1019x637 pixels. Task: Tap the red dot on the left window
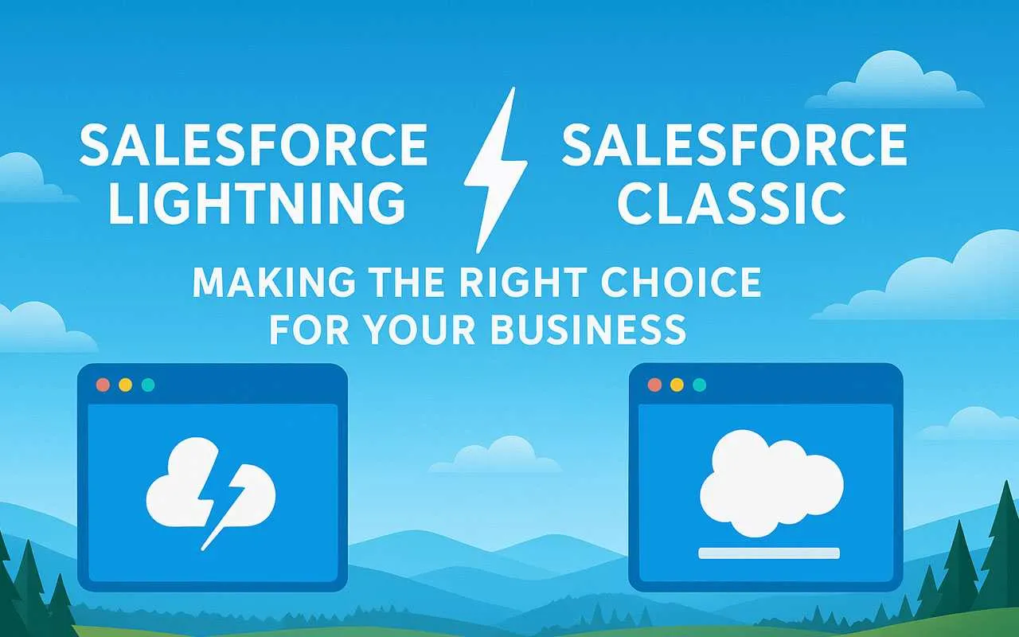pos(103,385)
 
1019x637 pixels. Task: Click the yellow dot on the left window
pos(125,385)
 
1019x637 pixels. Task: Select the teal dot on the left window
pos(147,385)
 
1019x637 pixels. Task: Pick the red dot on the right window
pos(654,385)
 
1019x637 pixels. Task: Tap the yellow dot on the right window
pos(677,385)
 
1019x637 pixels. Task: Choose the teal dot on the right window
pos(699,385)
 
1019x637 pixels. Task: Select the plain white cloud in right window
pos(770,483)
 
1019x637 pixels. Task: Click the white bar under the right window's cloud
pos(768,553)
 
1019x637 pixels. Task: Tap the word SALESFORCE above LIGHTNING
pos(254,145)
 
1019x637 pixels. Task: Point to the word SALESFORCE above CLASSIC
pos(734,145)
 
